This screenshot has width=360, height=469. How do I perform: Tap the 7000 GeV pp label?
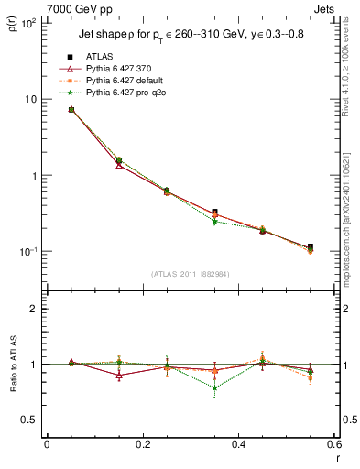pos(75,8)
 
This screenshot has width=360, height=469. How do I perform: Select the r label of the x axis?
pos(336,458)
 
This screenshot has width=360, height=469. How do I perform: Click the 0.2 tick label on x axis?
pos(142,445)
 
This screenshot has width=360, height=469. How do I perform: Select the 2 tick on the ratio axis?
pos(34,309)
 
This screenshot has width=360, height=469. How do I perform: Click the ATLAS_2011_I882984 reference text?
pos(190,274)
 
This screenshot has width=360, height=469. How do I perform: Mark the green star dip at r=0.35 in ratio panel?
pos(214,387)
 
